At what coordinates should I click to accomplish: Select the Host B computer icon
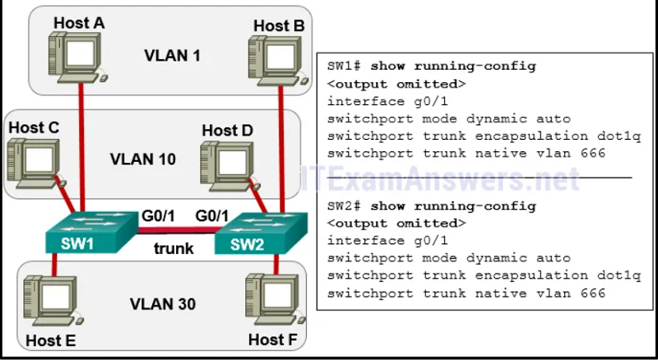coord(278,62)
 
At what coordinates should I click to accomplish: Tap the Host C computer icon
coord(36,163)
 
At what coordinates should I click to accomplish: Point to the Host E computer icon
coord(53,301)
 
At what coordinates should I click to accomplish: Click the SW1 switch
coord(91,232)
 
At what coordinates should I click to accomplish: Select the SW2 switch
coord(261,233)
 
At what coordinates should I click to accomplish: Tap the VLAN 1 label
coord(172,55)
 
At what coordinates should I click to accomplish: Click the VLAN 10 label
coord(142,159)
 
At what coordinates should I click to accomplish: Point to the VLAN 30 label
coord(162,304)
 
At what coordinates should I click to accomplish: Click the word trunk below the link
coord(174,248)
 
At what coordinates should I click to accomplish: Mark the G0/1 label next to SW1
coord(158,216)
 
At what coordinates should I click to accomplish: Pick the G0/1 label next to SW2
coord(211,216)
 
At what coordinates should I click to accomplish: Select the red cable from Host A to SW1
coord(81,147)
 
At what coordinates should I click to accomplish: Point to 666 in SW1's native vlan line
coord(593,153)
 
